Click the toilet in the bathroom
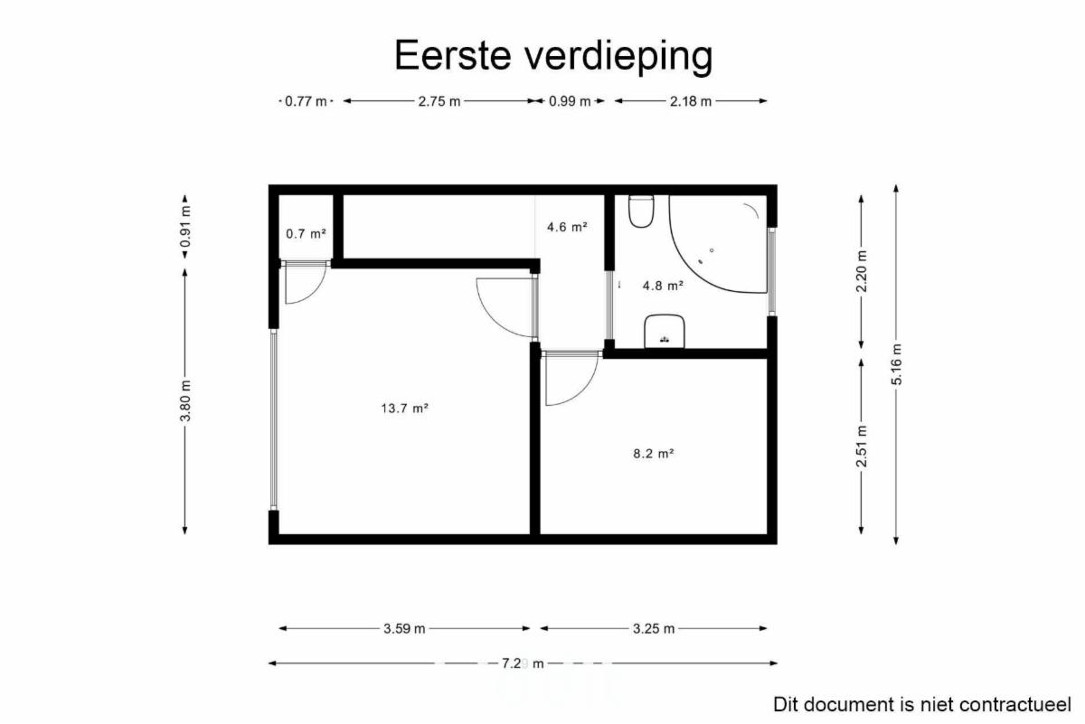[641, 212]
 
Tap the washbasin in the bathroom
[664, 331]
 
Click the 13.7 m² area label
[404, 409]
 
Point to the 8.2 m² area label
[654, 453]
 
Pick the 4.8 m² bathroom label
[663, 286]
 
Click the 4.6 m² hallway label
[567, 227]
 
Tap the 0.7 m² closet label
[306, 234]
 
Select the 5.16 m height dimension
[897, 364]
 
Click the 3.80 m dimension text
[185, 401]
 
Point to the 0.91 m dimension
[185, 226]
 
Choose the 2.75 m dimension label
[439, 101]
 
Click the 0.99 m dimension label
[570, 101]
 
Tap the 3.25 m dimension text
[654, 628]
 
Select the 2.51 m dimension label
[861, 446]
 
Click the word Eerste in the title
[453, 55]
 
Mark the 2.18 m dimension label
[691, 101]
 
